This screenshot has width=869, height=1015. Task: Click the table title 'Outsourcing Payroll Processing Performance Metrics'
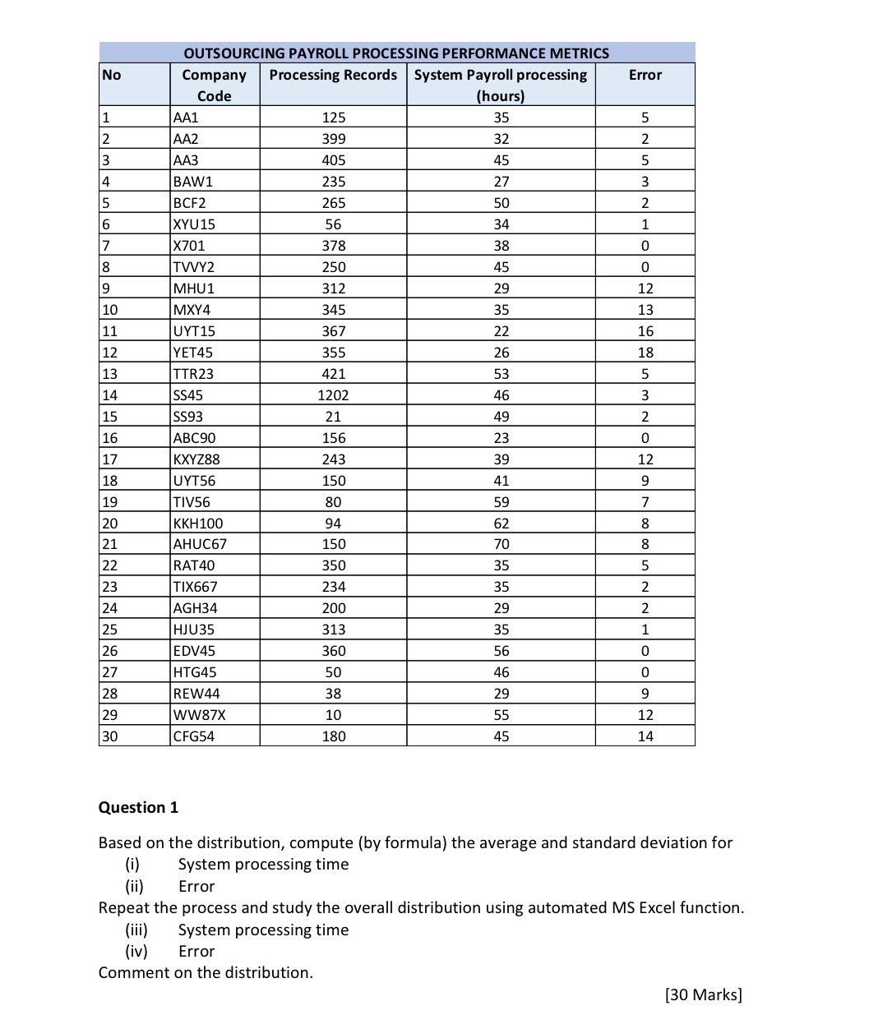pos(396,53)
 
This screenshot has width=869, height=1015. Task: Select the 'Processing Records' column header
pos(333,75)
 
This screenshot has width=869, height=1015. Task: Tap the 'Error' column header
pos(645,75)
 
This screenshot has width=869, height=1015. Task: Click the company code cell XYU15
pos(194,224)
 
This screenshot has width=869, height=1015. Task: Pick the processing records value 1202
pos(333,395)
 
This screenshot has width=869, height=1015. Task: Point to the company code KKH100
pos(198,524)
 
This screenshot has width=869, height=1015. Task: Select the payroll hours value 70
pos(501,544)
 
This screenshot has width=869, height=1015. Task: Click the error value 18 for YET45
pos(645,353)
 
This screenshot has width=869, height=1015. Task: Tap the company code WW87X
pos(199,715)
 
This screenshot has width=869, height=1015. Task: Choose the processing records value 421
pos(333,374)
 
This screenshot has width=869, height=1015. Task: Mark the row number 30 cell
pos(109,736)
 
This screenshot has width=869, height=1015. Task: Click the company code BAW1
pos(192,182)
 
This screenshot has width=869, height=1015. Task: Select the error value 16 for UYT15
pos(645,331)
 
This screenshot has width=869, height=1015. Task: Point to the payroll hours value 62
pos(501,524)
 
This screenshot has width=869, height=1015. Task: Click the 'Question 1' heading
pos(138,807)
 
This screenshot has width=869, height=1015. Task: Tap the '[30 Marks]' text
pos(703,994)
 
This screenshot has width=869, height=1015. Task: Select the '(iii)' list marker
pos(136,930)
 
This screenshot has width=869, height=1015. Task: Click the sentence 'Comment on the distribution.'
pos(206,972)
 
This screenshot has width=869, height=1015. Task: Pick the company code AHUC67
pos(200,544)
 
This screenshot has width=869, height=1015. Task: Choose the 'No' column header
pos(112,75)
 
